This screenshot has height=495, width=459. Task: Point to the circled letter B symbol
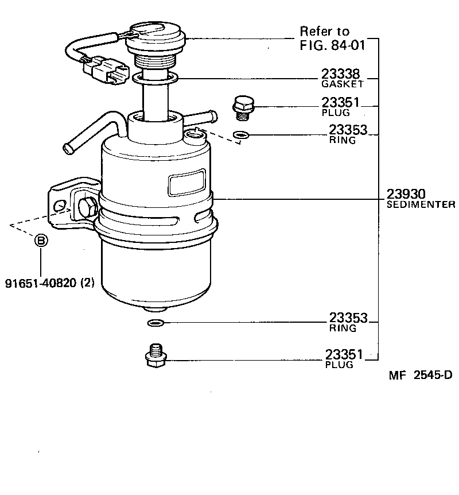click(41, 241)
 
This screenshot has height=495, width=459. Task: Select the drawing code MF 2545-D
click(420, 376)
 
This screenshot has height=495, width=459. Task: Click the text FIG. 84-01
click(332, 45)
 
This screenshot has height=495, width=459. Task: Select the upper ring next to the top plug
click(242, 136)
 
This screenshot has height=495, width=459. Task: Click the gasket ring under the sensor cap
click(155, 76)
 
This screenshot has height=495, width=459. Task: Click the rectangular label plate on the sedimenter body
click(186, 182)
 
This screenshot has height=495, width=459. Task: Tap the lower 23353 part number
click(348, 318)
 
